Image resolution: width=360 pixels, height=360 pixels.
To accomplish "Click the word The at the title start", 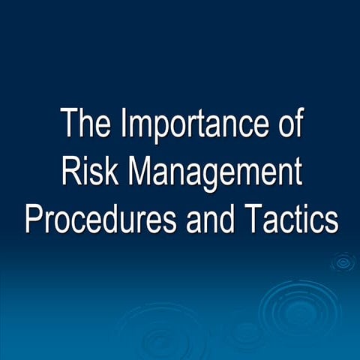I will pos(82,124).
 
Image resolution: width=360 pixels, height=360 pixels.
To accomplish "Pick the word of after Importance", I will pos(285,124).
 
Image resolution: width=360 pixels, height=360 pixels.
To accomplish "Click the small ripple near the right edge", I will pos(343,262).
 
